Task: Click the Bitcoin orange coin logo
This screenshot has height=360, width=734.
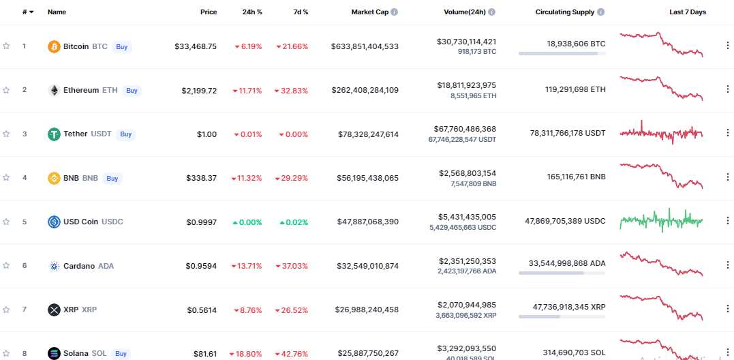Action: pyautogui.click(x=54, y=46)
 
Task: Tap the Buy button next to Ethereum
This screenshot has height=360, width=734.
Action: pyautogui.click(x=132, y=90)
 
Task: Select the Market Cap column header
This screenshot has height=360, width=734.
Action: pyautogui.click(x=371, y=12)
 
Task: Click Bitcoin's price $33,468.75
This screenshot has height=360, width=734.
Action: pyautogui.click(x=196, y=46)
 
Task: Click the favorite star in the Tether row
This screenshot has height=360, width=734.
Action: pyautogui.click(x=6, y=134)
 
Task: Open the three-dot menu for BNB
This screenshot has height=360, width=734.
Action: pyautogui.click(x=727, y=177)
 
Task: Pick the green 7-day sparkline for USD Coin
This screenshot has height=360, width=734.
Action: pyautogui.click(x=661, y=221)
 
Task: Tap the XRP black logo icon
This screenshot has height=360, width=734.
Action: pyautogui.click(x=54, y=310)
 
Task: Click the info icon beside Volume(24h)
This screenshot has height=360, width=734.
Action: pyautogui.click(x=492, y=12)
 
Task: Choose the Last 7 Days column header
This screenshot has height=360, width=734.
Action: pyautogui.click(x=688, y=12)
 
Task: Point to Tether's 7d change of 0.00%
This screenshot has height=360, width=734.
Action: pyautogui.click(x=293, y=134)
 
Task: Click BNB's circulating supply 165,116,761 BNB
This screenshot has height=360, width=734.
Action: pyautogui.click(x=567, y=177)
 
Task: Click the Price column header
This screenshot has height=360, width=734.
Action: pyautogui.click(x=209, y=12)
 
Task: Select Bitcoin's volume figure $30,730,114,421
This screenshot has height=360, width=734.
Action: pyautogui.click(x=466, y=42)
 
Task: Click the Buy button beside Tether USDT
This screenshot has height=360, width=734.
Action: pyautogui.click(x=126, y=134)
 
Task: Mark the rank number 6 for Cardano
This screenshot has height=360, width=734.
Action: pyautogui.click(x=25, y=265)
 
